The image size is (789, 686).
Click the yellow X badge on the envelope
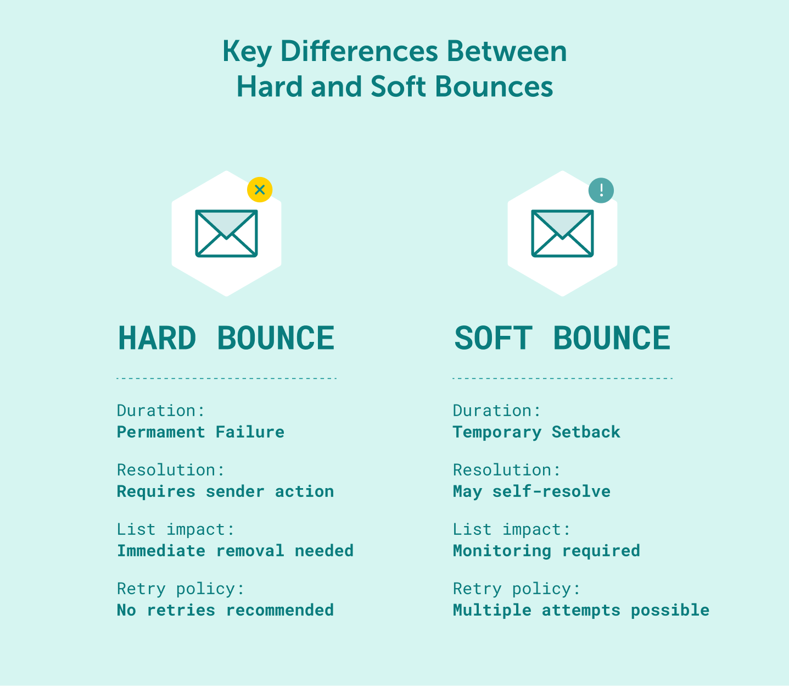260,190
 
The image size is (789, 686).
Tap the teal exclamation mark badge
601,190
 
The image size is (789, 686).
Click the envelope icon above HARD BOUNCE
226,234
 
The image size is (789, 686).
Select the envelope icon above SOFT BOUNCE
562,234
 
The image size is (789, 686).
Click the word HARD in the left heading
157,338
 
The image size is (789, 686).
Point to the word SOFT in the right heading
493,338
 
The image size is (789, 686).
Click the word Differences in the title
359,52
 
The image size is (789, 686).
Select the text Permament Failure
200,432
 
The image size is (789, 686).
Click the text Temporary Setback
536,432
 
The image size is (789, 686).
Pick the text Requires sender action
225,491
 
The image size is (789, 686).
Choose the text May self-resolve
531,491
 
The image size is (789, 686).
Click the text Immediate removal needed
235,551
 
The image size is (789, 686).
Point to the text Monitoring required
546,551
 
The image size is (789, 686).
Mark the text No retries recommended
225,610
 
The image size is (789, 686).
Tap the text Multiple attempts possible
581,610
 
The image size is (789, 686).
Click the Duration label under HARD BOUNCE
160,411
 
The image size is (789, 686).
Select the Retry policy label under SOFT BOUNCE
516,589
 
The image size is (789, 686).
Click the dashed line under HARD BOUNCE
226,378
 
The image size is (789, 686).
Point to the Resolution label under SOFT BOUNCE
506,470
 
